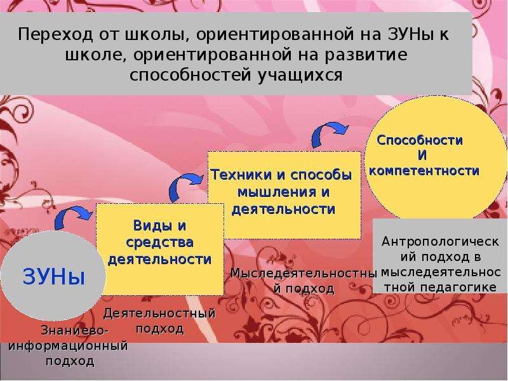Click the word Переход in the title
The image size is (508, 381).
(x=55, y=34)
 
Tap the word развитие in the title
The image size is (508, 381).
(x=366, y=55)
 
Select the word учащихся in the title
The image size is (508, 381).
(x=300, y=75)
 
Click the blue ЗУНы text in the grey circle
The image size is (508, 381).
(x=54, y=276)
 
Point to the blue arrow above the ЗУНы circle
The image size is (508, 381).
(x=72, y=217)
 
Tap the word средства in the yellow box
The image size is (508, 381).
(x=159, y=243)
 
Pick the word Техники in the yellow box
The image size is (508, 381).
(x=241, y=175)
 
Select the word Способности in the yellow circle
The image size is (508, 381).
(x=420, y=140)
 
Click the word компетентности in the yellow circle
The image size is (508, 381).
(x=424, y=171)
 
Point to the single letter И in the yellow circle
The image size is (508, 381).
(x=422, y=156)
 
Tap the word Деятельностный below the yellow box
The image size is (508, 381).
(x=159, y=313)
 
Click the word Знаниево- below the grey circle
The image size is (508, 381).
(x=74, y=331)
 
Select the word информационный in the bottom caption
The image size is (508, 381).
(x=68, y=345)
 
